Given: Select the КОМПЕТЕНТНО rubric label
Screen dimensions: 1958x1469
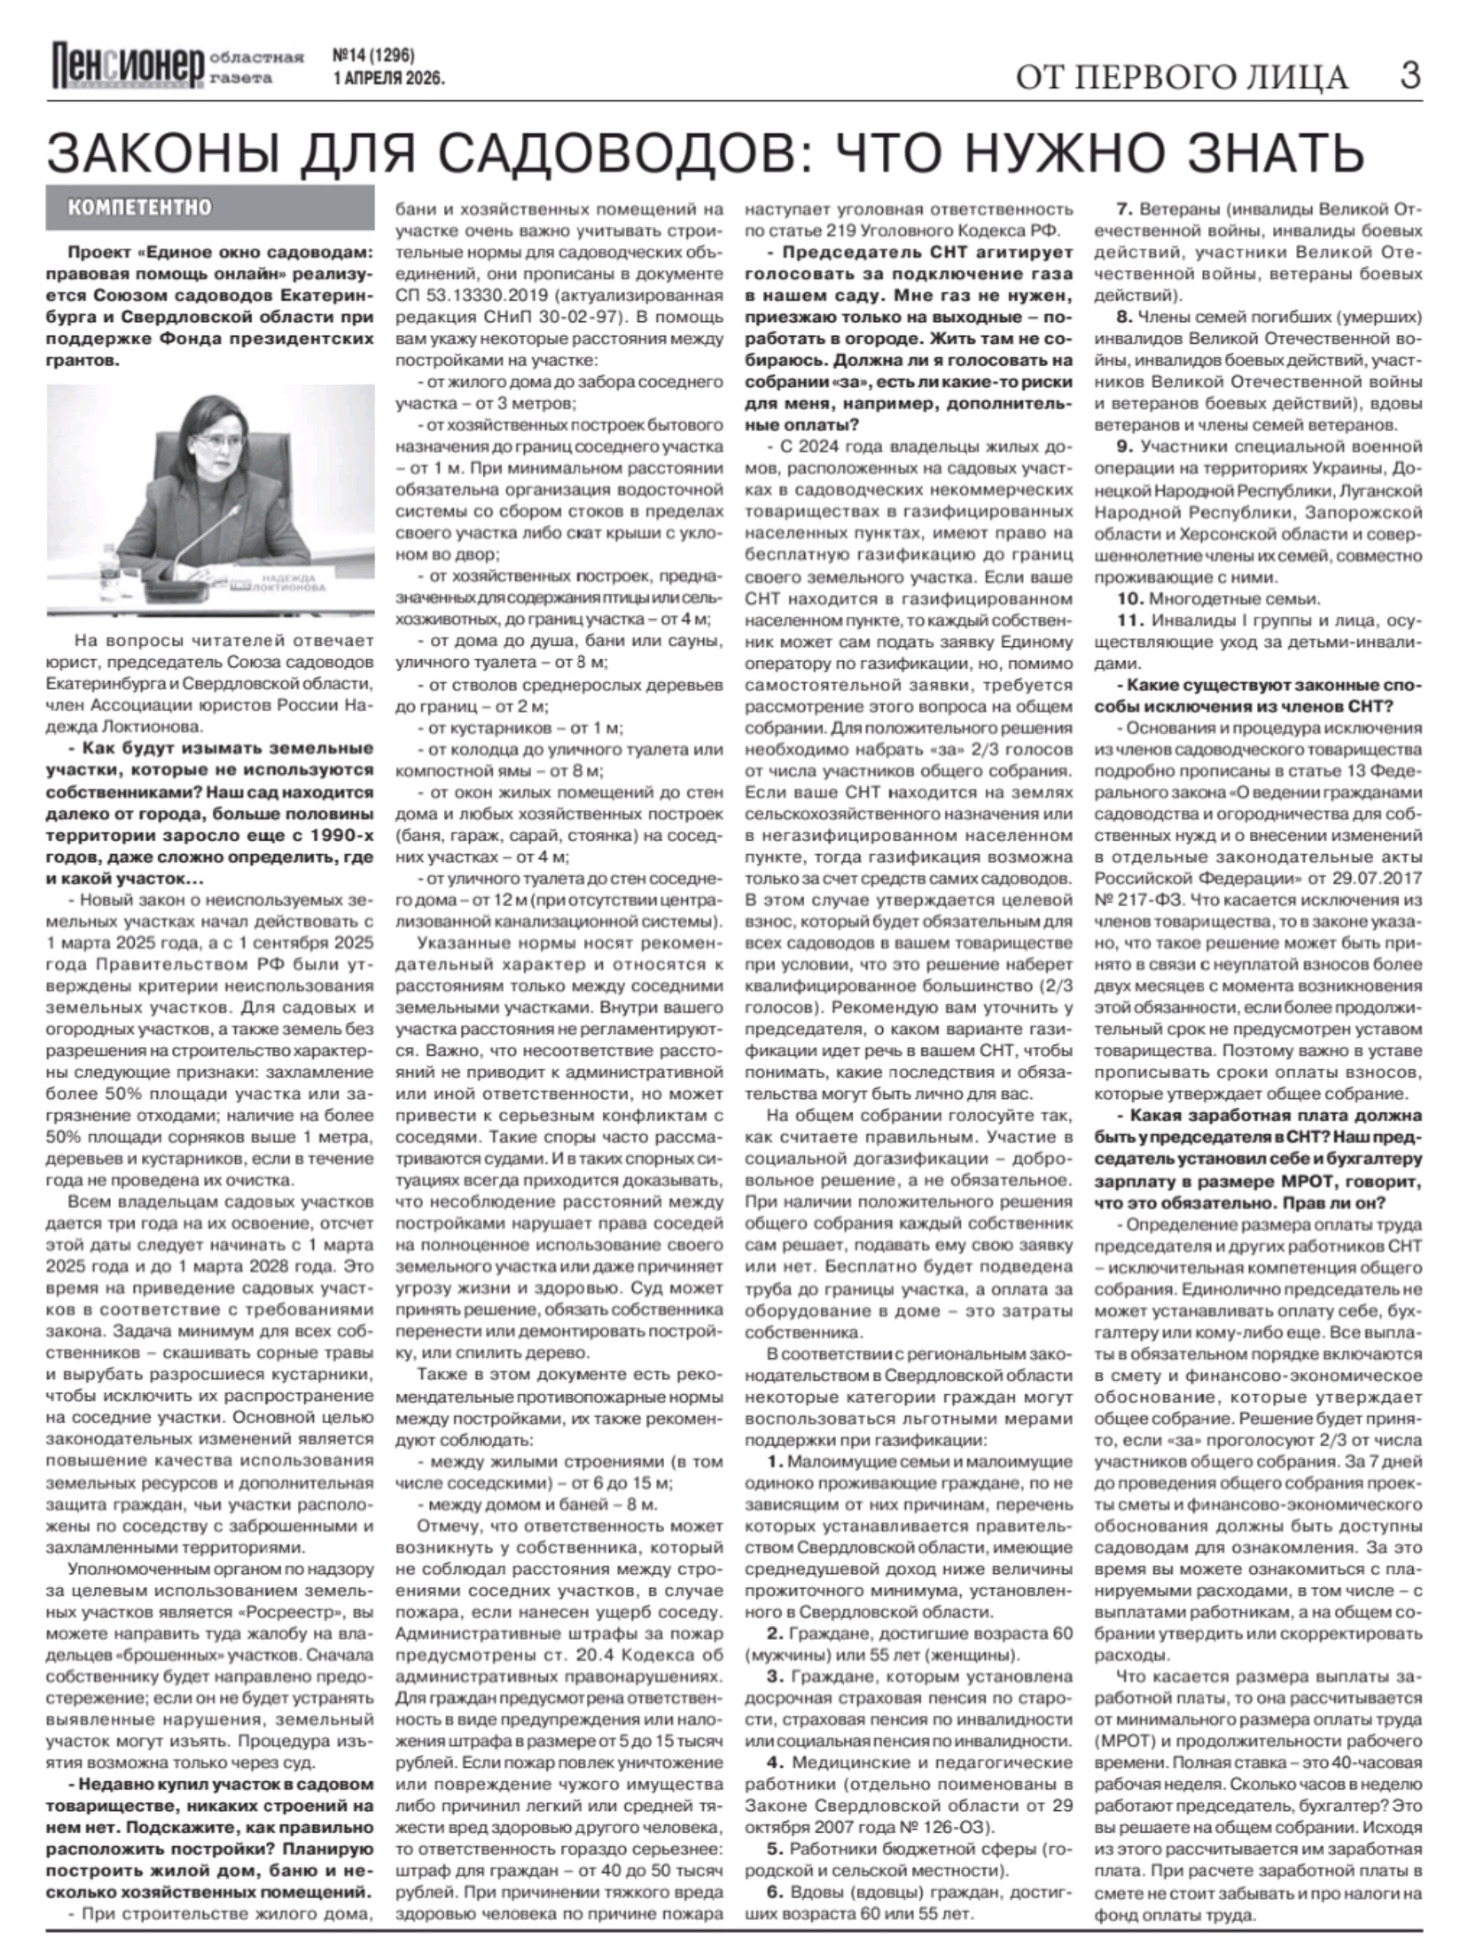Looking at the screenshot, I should (140, 207).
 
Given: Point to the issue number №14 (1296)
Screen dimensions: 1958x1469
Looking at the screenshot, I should (373, 56).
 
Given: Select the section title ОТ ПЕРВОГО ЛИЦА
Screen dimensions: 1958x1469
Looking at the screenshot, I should (1181, 78).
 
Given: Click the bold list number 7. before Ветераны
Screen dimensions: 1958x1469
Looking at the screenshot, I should (1125, 210).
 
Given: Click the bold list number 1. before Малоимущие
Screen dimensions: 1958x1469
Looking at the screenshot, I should (776, 1462).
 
